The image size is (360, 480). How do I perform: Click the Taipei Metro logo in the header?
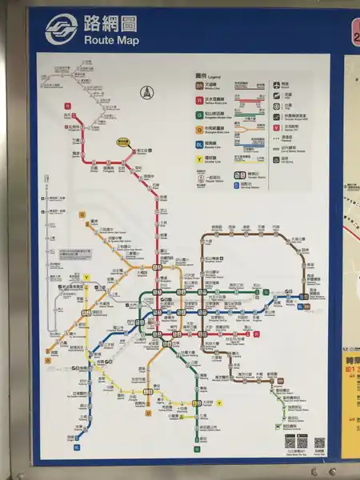tap(61, 30)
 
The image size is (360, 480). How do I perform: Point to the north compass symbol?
tap(147, 93)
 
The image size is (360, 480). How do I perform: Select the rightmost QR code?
tap(319, 442)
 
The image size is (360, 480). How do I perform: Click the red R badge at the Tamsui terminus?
tap(69, 104)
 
